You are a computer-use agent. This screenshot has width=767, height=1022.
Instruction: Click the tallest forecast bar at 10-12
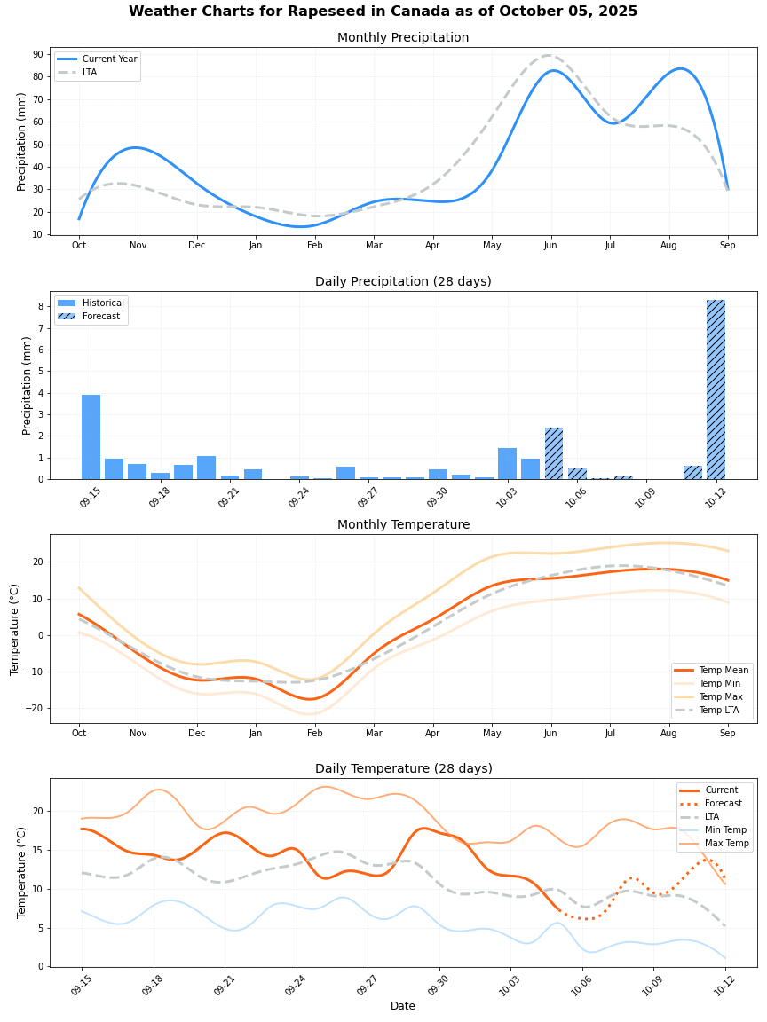[x=716, y=390]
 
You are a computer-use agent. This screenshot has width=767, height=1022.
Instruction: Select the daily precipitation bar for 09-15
[x=91, y=437]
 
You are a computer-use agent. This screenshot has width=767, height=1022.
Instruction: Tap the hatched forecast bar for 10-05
[x=554, y=453]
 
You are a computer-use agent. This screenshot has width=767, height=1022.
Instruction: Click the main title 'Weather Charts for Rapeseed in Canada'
[x=383, y=12]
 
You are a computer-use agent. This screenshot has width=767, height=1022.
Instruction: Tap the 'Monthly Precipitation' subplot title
[x=403, y=37]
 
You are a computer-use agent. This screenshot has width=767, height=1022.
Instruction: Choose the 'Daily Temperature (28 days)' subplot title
[x=403, y=768]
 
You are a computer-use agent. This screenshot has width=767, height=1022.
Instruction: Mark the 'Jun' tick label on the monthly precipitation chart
[x=550, y=245]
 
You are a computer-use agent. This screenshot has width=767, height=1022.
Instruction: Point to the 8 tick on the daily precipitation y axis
[x=42, y=306]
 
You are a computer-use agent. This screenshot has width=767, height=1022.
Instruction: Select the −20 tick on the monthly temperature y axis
[x=35, y=708]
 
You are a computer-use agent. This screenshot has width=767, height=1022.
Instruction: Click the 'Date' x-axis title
[x=403, y=1006]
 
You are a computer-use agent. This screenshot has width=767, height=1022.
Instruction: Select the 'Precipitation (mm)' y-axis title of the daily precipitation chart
[x=27, y=385]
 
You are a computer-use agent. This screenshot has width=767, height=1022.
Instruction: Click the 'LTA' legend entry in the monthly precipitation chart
[x=90, y=72]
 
